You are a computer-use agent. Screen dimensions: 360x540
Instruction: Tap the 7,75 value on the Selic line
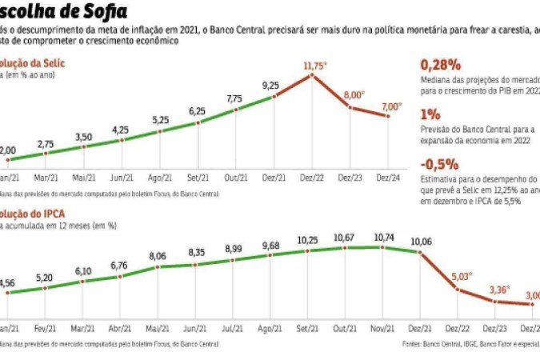tap(234, 98)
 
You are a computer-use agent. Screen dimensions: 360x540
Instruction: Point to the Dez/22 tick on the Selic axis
tap(312, 178)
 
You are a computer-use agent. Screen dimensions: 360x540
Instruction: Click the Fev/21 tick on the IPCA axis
tap(43, 329)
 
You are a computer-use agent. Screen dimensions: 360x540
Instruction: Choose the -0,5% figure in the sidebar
tap(438, 163)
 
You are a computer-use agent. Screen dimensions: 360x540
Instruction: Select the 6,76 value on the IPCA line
tap(119, 266)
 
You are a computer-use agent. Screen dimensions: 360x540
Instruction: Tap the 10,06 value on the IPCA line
tap(422, 242)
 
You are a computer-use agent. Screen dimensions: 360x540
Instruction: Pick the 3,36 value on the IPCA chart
tap(498, 290)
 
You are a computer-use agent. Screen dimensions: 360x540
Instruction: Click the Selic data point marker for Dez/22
tap(312, 76)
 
